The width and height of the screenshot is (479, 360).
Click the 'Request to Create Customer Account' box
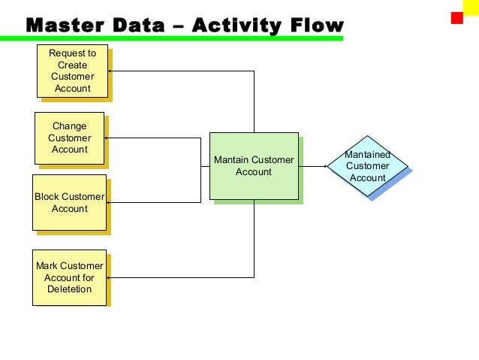point(71,71)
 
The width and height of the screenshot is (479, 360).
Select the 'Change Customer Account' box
point(69,138)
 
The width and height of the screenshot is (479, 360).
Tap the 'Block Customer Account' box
point(69,202)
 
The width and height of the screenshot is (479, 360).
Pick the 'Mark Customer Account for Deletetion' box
point(69,277)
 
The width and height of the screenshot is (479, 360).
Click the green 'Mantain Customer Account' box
point(254,165)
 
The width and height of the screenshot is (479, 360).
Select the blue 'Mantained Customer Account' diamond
point(367,166)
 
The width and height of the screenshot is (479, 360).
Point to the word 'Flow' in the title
point(311,26)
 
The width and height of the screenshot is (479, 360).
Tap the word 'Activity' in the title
point(233,26)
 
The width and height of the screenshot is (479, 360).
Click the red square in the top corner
point(456,18)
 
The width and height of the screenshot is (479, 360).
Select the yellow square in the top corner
point(471,7)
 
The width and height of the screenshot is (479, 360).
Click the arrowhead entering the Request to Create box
point(110,71)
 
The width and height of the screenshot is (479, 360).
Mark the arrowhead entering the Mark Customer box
point(110,277)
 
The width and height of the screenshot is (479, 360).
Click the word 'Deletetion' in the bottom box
point(70,289)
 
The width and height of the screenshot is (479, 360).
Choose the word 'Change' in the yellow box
point(69,126)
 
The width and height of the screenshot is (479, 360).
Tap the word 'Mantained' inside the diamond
point(367,154)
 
